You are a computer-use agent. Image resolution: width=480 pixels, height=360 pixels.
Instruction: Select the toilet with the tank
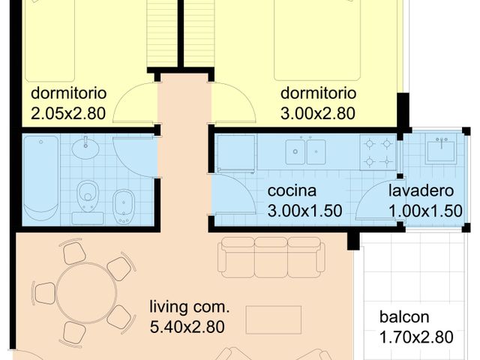(x=89, y=199)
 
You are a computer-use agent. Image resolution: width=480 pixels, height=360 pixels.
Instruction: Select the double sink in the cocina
(x=305, y=152)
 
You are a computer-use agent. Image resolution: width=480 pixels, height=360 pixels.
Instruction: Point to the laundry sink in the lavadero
(x=440, y=149)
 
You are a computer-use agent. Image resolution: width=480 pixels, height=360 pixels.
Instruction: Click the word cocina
(x=292, y=191)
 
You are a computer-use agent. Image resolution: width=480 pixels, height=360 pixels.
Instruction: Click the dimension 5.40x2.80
(x=187, y=326)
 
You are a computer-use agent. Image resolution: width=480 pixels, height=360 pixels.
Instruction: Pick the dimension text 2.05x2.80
(x=67, y=114)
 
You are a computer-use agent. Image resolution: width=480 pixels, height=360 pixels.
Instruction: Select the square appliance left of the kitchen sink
(x=236, y=152)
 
